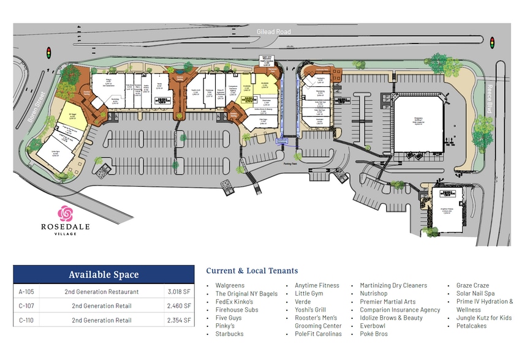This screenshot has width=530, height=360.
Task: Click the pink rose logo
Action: tap(65, 214)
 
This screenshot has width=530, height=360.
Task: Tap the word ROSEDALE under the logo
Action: tap(66, 227)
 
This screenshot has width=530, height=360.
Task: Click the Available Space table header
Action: tap(104, 275)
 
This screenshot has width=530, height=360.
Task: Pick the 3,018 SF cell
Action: tap(179, 292)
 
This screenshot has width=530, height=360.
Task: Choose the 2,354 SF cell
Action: tap(179, 318)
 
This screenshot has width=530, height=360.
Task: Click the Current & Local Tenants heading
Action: tap(252, 271)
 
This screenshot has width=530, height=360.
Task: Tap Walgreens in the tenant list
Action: tap(230, 285)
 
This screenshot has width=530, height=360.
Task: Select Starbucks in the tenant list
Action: tap(229, 334)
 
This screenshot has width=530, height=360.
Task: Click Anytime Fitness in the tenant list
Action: tap(317, 285)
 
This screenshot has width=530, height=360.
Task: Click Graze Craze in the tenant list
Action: tap(472, 285)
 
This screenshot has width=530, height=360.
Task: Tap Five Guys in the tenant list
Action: tap(229, 318)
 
